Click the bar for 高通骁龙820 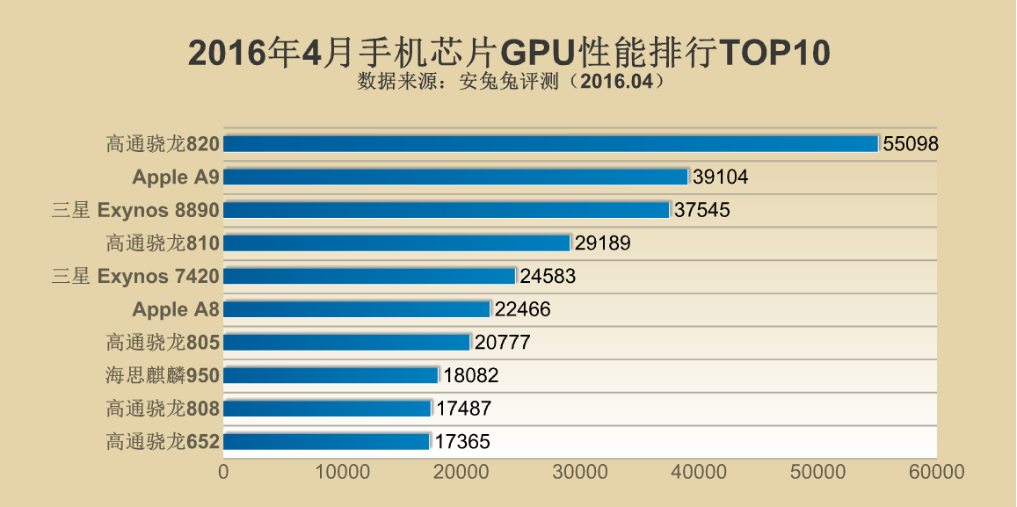pos(551,143)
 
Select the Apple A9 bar pos(455,177)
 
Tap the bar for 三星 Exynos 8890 pos(447,210)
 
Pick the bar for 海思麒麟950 pos(331,375)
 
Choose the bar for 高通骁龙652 pos(326,441)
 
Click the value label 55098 pos(911,144)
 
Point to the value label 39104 pos(720,177)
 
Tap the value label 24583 pos(548,277)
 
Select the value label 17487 pos(463,409)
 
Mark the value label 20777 pos(502,343)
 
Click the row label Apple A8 pos(175,309)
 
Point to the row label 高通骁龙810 pos(162,243)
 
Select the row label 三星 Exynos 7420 pos(135,276)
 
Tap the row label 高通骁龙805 pos(162,342)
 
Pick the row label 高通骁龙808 pos(162,408)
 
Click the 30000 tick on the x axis pos(580,472)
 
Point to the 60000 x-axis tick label pos(936,472)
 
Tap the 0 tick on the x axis pos(223,472)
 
